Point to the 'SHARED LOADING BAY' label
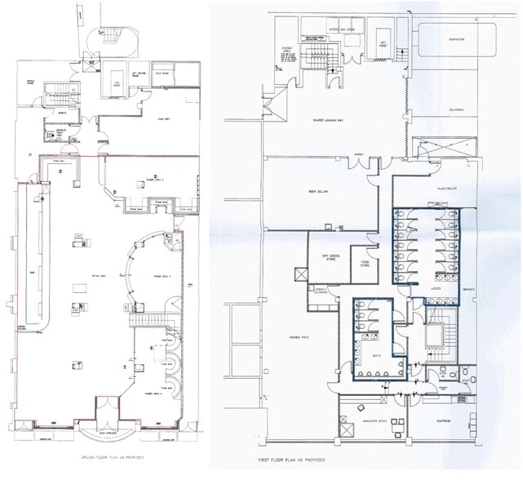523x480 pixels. pos(332,121)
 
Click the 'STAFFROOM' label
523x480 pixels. pos(444,422)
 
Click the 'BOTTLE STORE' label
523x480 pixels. pos(32,82)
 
